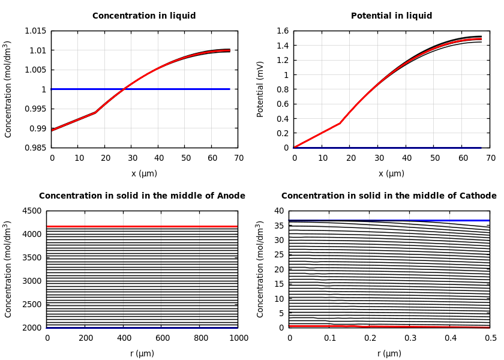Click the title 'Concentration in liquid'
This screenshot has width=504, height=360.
pyautogui.click(x=144, y=16)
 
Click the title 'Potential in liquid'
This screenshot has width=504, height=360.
pyautogui.click(x=391, y=16)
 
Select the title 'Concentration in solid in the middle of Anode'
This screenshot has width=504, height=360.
pyautogui.click(x=142, y=196)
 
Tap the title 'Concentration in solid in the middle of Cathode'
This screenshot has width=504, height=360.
pyautogui.click(x=389, y=196)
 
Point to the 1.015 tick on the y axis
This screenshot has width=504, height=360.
pyautogui.click(x=35, y=31)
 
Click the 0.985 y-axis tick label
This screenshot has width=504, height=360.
pyautogui.click(x=35, y=148)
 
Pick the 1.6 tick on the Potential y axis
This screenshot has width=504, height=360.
pyautogui.click(x=283, y=31)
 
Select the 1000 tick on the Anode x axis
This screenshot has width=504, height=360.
pyautogui.click(x=238, y=338)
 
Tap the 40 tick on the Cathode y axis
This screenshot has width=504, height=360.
pyautogui.click(x=278, y=211)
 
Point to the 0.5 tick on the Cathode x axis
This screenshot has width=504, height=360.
pyautogui.click(x=490, y=338)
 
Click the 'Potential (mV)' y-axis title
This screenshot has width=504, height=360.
pyautogui.click(x=260, y=89)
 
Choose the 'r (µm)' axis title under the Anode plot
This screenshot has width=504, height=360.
pyautogui.click(x=142, y=353)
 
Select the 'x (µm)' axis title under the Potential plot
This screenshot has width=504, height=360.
pyautogui.click(x=391, y=173)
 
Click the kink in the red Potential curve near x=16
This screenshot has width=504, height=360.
pyautogui.click(x=340, y=124)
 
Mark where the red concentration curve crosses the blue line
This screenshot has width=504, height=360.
pyautogui.click(x=124, y=89)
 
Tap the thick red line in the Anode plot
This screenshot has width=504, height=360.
pyautogui.click(x=142, y=227)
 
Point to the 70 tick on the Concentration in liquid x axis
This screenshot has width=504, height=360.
pyautogui.click(x=238, y=158)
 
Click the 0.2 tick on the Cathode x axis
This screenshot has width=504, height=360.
pyautogui.click(x=370, y=338)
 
